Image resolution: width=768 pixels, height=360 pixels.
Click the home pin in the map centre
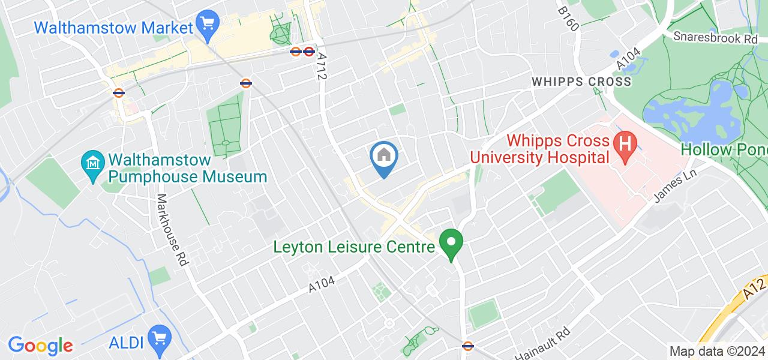pos(384,157)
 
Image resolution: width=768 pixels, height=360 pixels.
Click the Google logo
pos(40,345)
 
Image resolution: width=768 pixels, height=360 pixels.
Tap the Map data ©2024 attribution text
pos(717,351)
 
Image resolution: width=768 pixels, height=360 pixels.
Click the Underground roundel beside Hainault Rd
pos(469,346)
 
